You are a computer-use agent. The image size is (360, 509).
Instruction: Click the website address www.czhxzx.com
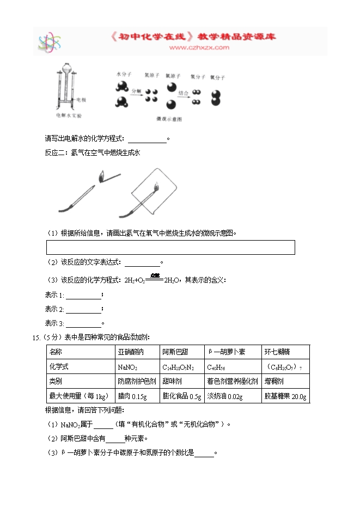(199, 48)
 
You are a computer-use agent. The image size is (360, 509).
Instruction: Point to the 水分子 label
(124, 73)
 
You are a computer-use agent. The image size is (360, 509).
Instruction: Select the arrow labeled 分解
(136, 94)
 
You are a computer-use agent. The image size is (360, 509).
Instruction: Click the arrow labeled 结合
(184, 97)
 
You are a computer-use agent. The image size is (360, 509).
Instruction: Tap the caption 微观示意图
(168, 118)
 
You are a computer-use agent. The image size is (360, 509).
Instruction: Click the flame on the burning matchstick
(101, 175)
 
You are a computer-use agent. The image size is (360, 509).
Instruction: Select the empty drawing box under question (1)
(171, 247)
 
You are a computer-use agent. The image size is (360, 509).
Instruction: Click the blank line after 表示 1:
(83, 297)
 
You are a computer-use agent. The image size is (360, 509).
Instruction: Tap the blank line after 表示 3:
(83, 325)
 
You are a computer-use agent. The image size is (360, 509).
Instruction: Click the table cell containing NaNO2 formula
(137, 367)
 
